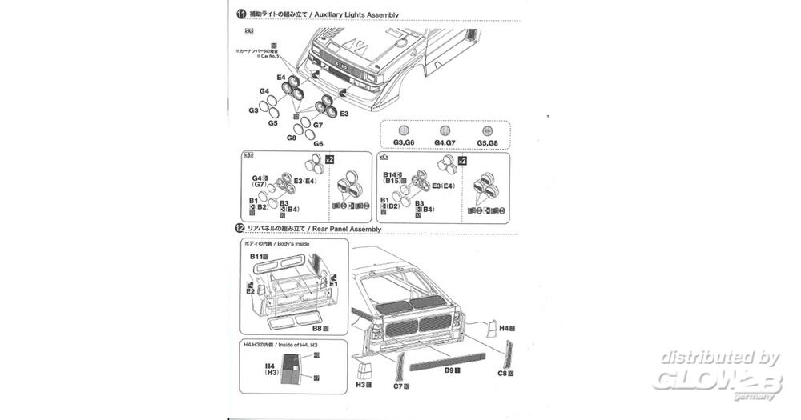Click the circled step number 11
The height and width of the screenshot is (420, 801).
(x=240, y=14)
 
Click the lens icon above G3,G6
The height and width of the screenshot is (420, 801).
(x=404, y=131)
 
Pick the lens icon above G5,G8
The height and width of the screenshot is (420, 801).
(x=485, y=131)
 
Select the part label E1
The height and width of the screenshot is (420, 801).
(x=333, y=282)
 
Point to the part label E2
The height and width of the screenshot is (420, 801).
(x=250, y=292)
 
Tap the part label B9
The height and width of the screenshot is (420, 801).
(x=449, y=370)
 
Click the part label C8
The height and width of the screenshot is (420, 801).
(x=503, y=373)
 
